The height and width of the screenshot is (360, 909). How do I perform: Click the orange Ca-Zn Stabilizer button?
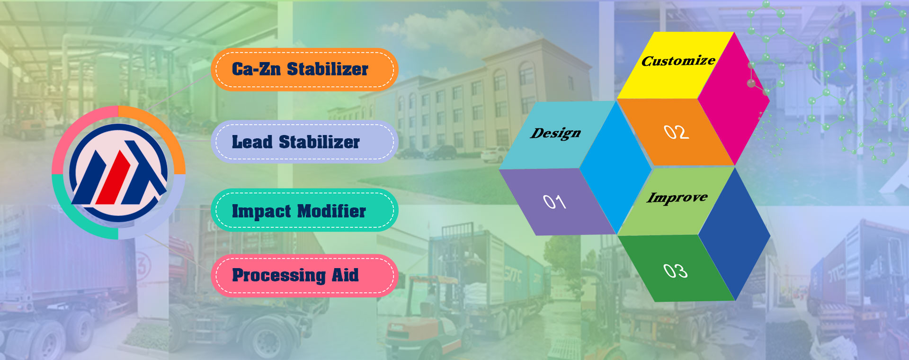point(304,69)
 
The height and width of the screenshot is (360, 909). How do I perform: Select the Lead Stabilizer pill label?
point(304,142)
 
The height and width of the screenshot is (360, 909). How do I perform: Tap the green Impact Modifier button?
point(304,210)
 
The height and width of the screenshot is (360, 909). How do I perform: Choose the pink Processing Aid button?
point(304,275)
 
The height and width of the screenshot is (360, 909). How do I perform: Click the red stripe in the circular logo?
point(114,177)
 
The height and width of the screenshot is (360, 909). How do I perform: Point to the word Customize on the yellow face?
point(678,61)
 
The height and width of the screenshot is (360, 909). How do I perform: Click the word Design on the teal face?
point(555,134)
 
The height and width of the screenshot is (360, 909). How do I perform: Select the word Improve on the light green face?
point(677,198)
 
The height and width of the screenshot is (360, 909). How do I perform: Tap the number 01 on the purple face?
point(554,202)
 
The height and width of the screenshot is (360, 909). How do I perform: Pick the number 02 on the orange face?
point(676,132)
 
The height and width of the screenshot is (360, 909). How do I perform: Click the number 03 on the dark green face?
point(675,270)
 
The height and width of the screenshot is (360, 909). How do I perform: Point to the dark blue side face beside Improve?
point(734,234)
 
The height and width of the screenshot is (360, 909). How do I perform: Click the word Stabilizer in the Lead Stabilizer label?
point(319,142)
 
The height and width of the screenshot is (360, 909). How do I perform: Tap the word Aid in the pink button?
point(345,275)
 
